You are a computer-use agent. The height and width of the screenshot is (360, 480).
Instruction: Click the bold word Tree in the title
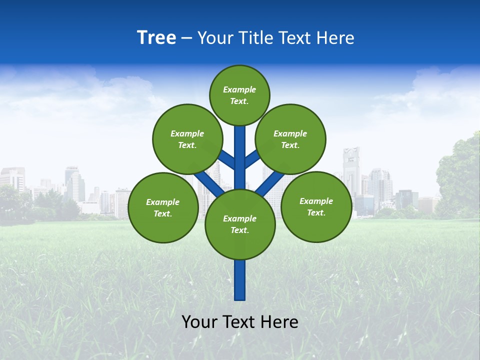156,38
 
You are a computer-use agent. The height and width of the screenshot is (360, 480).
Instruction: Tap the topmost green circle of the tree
239,95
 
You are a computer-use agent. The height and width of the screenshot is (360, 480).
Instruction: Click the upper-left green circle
187,139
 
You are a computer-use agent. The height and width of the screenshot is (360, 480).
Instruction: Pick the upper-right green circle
290,139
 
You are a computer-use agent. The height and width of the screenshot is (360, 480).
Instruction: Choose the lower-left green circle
163,207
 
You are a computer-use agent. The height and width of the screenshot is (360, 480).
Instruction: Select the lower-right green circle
316,206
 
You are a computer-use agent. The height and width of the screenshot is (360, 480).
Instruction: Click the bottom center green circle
240,224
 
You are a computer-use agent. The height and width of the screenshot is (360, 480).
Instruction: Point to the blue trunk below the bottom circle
240,280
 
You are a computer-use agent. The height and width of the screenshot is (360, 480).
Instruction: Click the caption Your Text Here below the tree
240,322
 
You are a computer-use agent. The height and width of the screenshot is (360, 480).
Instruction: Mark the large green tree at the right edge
459,175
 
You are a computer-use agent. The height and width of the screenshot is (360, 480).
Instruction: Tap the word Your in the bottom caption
199,322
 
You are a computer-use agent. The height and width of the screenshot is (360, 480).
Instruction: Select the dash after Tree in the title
186,38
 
